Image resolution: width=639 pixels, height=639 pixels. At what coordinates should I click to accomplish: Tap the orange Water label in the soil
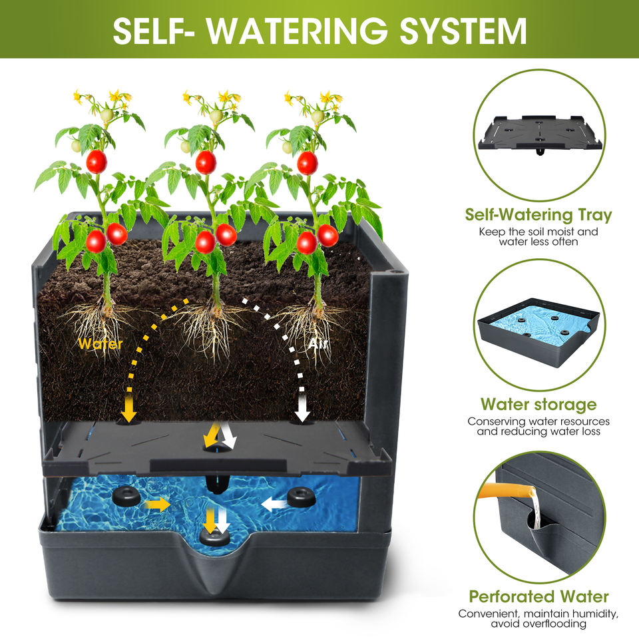(x=100, y=344)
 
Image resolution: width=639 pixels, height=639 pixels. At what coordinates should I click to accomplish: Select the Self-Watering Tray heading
(x=538, y=215)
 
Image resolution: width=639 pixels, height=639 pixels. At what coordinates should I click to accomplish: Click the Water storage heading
(x=538, y=405)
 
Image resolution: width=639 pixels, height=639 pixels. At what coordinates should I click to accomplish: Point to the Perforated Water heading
(x=538, y=596)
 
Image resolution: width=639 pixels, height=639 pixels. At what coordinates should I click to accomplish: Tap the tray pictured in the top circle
(x=539, y=133)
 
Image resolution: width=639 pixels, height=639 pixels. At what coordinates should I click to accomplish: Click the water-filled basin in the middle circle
(x=539, y=326)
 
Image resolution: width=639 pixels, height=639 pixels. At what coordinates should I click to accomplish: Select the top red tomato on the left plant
(x=97, y=161)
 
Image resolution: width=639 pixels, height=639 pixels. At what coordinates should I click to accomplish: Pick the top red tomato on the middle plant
(x=206, y=161)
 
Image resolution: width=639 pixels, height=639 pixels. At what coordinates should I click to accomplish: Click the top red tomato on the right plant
(x=307, y=162)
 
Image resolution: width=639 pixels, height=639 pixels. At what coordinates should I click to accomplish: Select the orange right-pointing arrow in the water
(x=158, y=505)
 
